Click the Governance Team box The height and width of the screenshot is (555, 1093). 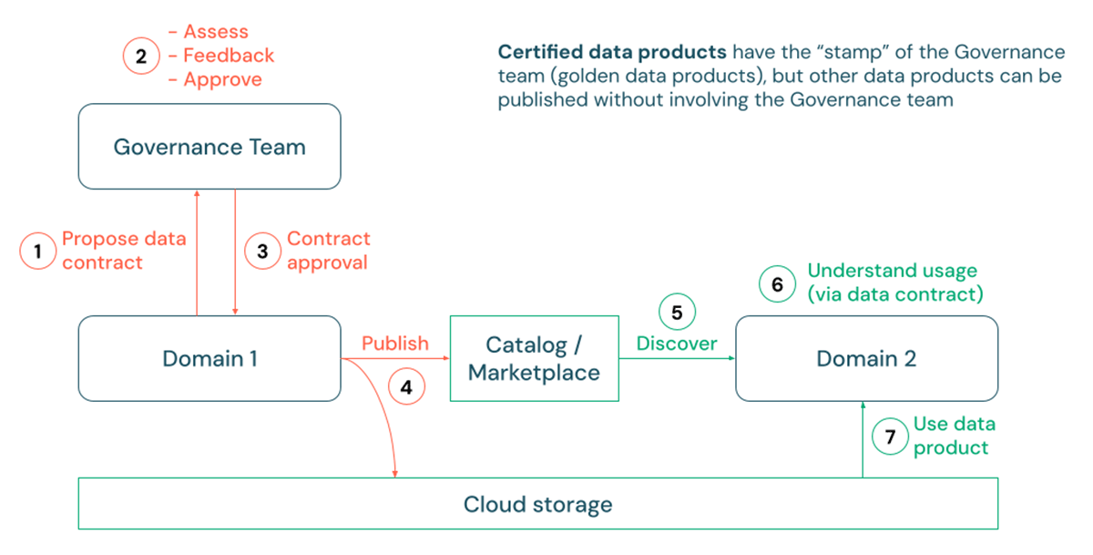click(x=209, y=147)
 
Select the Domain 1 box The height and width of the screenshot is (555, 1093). click(x=209, y=358)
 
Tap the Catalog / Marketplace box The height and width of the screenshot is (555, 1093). click(x=534, y=358)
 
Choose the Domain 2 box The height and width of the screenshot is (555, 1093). click(x=865, y=358)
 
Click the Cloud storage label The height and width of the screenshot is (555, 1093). click(x=537, y=504)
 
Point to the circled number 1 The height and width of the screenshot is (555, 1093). click(x=37, y=251)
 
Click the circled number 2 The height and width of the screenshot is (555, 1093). click(x=141, y=56)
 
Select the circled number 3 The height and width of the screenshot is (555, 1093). click(x=263, y=251)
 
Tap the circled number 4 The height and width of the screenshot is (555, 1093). click(x=406, y=386)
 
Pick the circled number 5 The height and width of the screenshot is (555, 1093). click(x=677, y=313)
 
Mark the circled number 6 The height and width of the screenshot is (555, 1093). click(x=777, y=284)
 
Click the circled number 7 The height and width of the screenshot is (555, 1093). click(x=890, y=436)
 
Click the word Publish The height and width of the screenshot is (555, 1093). click(x=395, y=344)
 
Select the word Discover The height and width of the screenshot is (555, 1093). click(x=677, y=344)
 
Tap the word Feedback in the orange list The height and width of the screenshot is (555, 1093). click(x=228, y=56)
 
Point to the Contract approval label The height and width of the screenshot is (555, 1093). click(x=328, y=251)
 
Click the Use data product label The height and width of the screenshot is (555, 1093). click(x=954, y=436)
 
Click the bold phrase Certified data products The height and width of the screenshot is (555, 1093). click(x=612, y=51)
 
